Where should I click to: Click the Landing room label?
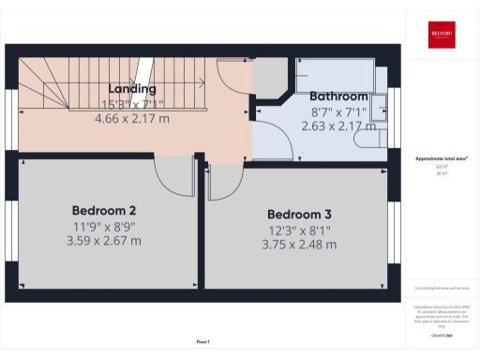131,89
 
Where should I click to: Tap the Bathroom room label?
338,96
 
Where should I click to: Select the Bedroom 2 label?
104,209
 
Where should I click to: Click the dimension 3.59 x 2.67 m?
104,241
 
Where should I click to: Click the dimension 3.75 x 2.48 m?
300,245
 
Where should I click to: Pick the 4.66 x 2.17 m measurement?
131,119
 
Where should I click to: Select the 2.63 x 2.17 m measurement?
338,124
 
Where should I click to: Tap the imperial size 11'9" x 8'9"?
104,226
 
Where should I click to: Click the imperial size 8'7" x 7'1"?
338,111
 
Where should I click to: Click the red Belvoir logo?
442,33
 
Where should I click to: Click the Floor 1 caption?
202,340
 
